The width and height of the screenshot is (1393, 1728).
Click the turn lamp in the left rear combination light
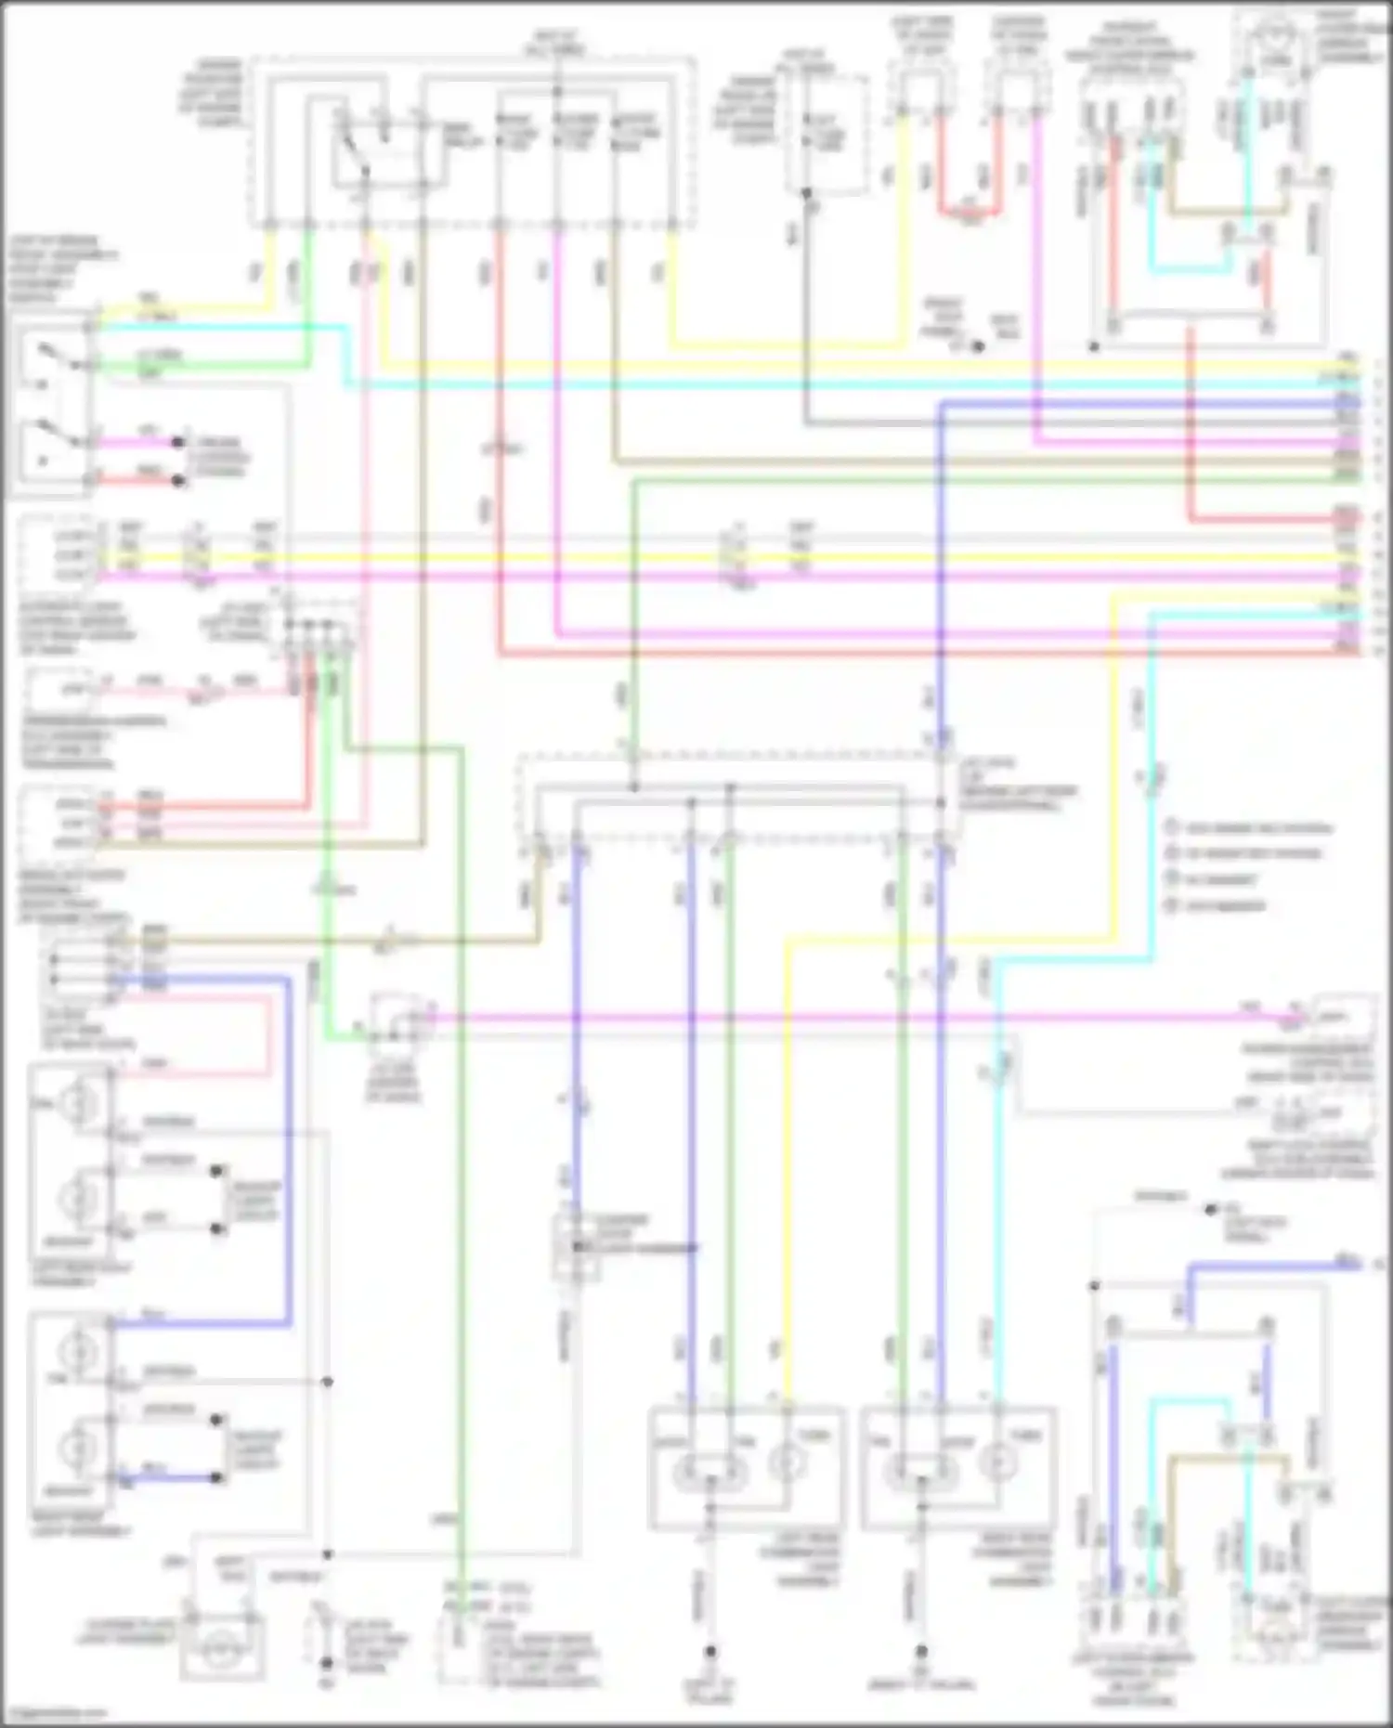[788, 1464]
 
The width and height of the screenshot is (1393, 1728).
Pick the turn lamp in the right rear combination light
[998, 1464]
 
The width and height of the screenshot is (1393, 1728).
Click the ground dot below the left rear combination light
[710, 1652]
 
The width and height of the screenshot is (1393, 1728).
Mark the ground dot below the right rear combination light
[921, 1652]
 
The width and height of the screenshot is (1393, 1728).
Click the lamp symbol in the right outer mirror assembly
[1277, 46]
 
